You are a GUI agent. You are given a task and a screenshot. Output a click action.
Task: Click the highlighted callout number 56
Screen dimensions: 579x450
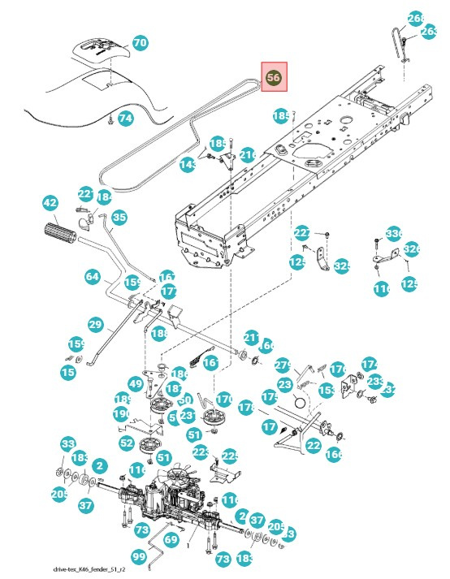coord(273,78)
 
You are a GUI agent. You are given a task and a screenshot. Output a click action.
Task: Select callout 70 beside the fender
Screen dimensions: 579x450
coord(140,42)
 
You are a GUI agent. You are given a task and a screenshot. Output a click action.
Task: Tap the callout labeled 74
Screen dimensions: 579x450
coord(125,118)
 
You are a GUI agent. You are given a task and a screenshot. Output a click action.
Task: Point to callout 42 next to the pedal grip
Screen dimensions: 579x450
coord(50,202)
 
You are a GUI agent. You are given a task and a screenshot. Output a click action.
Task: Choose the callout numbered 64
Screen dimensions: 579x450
coord(92,276)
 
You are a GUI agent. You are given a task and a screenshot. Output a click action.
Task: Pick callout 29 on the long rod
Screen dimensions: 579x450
coord(95,325)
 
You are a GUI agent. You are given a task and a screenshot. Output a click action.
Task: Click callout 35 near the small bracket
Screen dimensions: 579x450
coord(119,217)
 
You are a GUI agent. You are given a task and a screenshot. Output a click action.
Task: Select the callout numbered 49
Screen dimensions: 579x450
coord(136,383)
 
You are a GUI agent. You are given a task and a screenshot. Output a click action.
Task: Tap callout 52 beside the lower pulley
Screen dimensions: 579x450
coord(127,443)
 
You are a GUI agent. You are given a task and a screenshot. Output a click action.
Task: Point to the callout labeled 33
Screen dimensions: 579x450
coord(67,443)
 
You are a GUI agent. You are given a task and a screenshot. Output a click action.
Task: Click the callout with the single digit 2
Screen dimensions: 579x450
coord(99,465)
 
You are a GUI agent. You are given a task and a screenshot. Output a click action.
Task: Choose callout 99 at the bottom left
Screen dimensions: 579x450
coord(139,556)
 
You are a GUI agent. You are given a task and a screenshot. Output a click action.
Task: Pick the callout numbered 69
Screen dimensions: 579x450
coord(171,538)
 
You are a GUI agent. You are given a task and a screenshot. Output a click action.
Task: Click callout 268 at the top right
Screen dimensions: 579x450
coord(416,18)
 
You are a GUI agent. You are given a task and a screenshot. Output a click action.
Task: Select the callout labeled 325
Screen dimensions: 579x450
coord(342,266)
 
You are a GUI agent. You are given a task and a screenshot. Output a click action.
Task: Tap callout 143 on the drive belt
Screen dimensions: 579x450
coord(188,165)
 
